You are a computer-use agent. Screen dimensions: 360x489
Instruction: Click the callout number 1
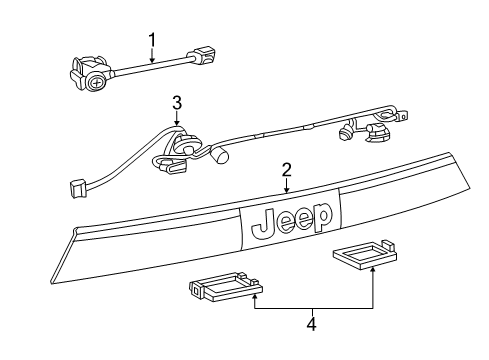[x=151, y=41]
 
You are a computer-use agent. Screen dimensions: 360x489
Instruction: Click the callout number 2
[x=286, y=169]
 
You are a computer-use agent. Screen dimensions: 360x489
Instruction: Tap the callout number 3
[x=176, y=101]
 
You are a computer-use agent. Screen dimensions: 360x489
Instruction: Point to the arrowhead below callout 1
[x=151, y=62]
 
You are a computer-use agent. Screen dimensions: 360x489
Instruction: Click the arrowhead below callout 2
[x=286, y=190]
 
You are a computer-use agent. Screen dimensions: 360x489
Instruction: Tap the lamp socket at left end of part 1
[x=88, y=77]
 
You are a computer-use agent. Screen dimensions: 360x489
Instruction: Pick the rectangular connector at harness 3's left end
[x=76, y=185]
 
